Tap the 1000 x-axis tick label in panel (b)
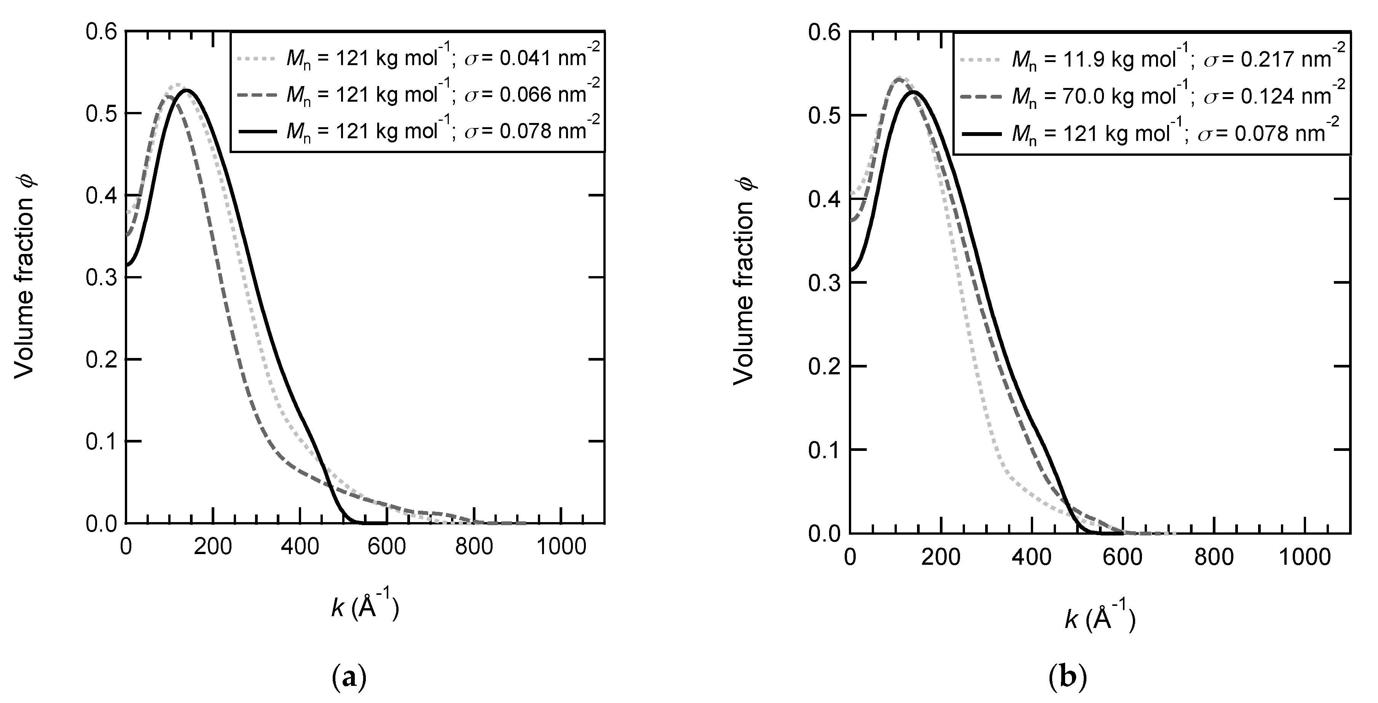pos(1305,558)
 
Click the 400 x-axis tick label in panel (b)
pos(1032,558)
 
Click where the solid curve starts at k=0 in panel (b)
pos(850,270)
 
